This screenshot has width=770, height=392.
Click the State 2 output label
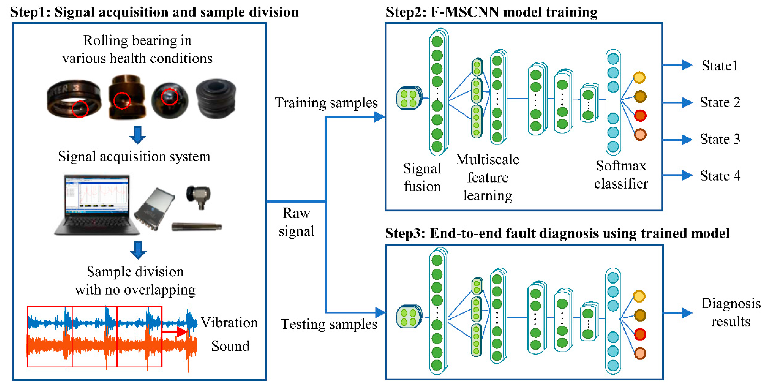(720, 103)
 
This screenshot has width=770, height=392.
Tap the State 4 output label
(720, 176)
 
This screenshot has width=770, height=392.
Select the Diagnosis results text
(731, 312)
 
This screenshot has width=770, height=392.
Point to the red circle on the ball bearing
(170, 97)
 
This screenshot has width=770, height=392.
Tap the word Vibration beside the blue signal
(229, 323)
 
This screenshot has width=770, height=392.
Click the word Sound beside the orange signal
(230, 346)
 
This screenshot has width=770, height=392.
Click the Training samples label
(326, 103)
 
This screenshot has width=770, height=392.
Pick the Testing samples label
(329, 324)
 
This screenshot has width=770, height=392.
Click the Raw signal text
(296, 222)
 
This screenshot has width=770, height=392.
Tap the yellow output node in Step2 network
(639, 77)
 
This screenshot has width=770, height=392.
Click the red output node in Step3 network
(640, 334)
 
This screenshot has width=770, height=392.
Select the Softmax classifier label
(621, 174)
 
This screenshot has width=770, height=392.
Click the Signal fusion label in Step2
(422, 177)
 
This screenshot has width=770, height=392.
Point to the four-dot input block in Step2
(409, 98)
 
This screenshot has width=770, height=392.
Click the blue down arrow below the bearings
(137, 135)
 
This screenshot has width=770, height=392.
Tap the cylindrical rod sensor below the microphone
(196, 226)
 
